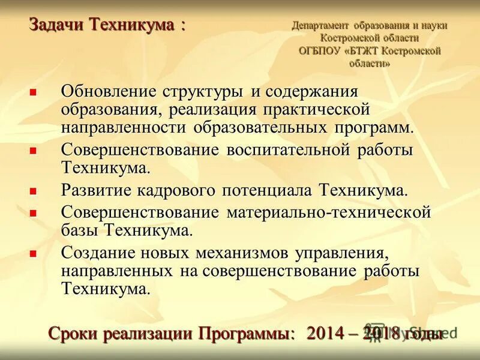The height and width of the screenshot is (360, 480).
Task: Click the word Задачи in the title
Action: (x=57, y=25)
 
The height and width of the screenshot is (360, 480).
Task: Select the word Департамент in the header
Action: (x=320, y=26)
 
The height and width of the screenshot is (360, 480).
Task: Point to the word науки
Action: (x=434, y=26)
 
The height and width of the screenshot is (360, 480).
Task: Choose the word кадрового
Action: (x=184, y=191)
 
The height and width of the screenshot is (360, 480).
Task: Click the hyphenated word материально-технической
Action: (x=329, y=212)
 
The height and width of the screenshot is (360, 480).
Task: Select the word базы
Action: (x=80, y=230)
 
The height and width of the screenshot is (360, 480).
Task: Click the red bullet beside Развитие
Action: (x=34, y=191)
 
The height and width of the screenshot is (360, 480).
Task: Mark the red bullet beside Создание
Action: (x=34, y=252)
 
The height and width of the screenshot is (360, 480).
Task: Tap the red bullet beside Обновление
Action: (x=34, y=92)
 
